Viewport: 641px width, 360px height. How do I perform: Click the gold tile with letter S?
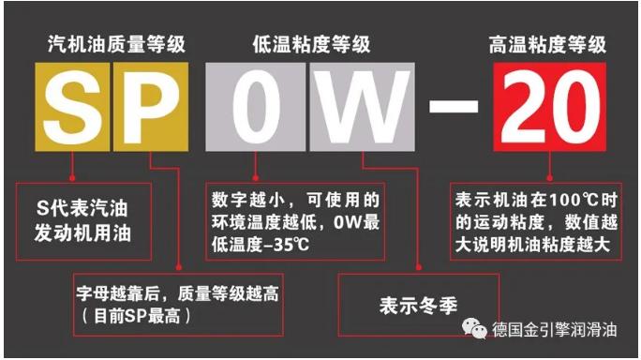coord(72,107)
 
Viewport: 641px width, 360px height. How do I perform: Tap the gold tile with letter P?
coord(151,107)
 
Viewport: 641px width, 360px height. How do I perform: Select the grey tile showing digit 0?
coord(255,107)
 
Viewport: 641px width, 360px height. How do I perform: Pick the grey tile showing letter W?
coord(362,107)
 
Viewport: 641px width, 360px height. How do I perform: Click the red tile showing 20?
coord(550,107)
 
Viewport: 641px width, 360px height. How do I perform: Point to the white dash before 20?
coord(454,106)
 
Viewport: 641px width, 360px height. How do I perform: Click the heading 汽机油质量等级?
coord(116,44)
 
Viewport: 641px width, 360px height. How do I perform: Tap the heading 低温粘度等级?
coord(311,44)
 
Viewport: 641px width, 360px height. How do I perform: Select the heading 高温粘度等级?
coord(548,44)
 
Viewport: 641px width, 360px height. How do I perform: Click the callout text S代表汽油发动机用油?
coord(82,221)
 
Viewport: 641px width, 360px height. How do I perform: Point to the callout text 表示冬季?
coord(418,306)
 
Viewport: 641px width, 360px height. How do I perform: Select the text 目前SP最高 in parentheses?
coord(137,316)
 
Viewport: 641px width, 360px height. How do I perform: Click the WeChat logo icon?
coord(474,328)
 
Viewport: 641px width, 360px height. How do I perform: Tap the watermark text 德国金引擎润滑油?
coord(555,329)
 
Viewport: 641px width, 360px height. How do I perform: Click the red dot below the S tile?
coord(72,178)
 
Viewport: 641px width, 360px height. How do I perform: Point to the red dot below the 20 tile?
coord(550,178)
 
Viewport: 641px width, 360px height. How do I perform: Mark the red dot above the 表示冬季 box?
coord(419,267)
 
